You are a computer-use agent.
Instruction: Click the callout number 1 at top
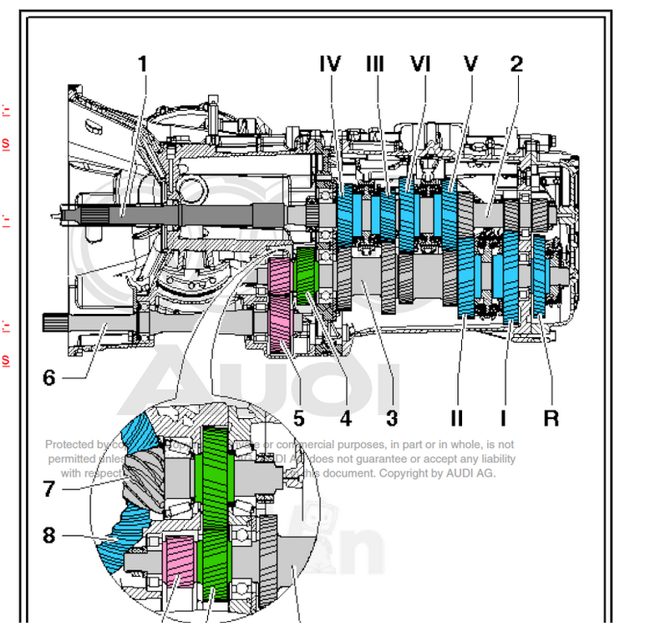(x=142, y=64)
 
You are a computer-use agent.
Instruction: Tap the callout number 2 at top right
(x=516, y=64)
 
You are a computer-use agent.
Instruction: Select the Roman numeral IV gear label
(x=330, y=64)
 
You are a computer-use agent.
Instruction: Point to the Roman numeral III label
(x=374, y=64)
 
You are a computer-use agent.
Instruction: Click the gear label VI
(x=419, y=64)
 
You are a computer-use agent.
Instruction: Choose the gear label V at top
(x=470, y=64)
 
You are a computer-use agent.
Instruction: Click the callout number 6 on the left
(x=49, y=378)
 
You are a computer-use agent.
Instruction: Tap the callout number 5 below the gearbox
(x=299, y=416)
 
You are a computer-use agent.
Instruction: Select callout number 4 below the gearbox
(x=345, y=416)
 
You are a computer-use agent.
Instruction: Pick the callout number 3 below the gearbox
(x=390, y=416)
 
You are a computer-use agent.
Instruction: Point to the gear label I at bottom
(x=505, y=416)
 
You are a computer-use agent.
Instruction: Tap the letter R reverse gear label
(x=551, y=416)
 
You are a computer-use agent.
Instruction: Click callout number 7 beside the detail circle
(x=49, y=488)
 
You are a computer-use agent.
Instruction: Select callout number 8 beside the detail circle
(x=49, y=535)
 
